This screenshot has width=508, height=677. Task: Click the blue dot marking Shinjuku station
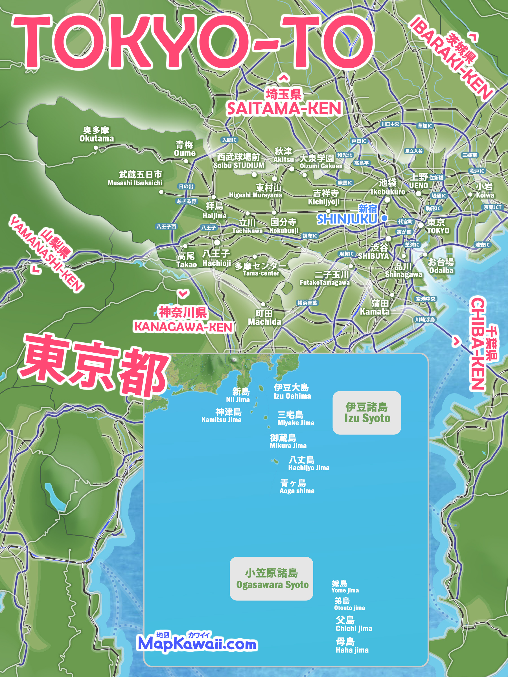click(384, 218)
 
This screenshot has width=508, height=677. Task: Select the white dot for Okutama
click(96, 148)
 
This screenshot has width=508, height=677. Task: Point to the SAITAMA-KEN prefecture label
click(284, 109)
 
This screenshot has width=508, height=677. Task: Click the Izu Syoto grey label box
click(367, 413)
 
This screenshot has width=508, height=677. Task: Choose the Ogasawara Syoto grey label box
click(271, 579)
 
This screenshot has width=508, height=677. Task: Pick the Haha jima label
click(352, 645)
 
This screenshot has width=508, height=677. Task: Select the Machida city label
click(264, 318)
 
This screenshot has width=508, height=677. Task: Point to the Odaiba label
click(441, 266)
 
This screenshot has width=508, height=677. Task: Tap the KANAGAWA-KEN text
click(183, 327)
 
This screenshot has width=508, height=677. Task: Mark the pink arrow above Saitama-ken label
click(284, 78)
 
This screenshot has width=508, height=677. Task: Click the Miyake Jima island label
click(295, 418)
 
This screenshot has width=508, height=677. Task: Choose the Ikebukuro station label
click(388, 187)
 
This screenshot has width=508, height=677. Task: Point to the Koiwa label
click(485, 191)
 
